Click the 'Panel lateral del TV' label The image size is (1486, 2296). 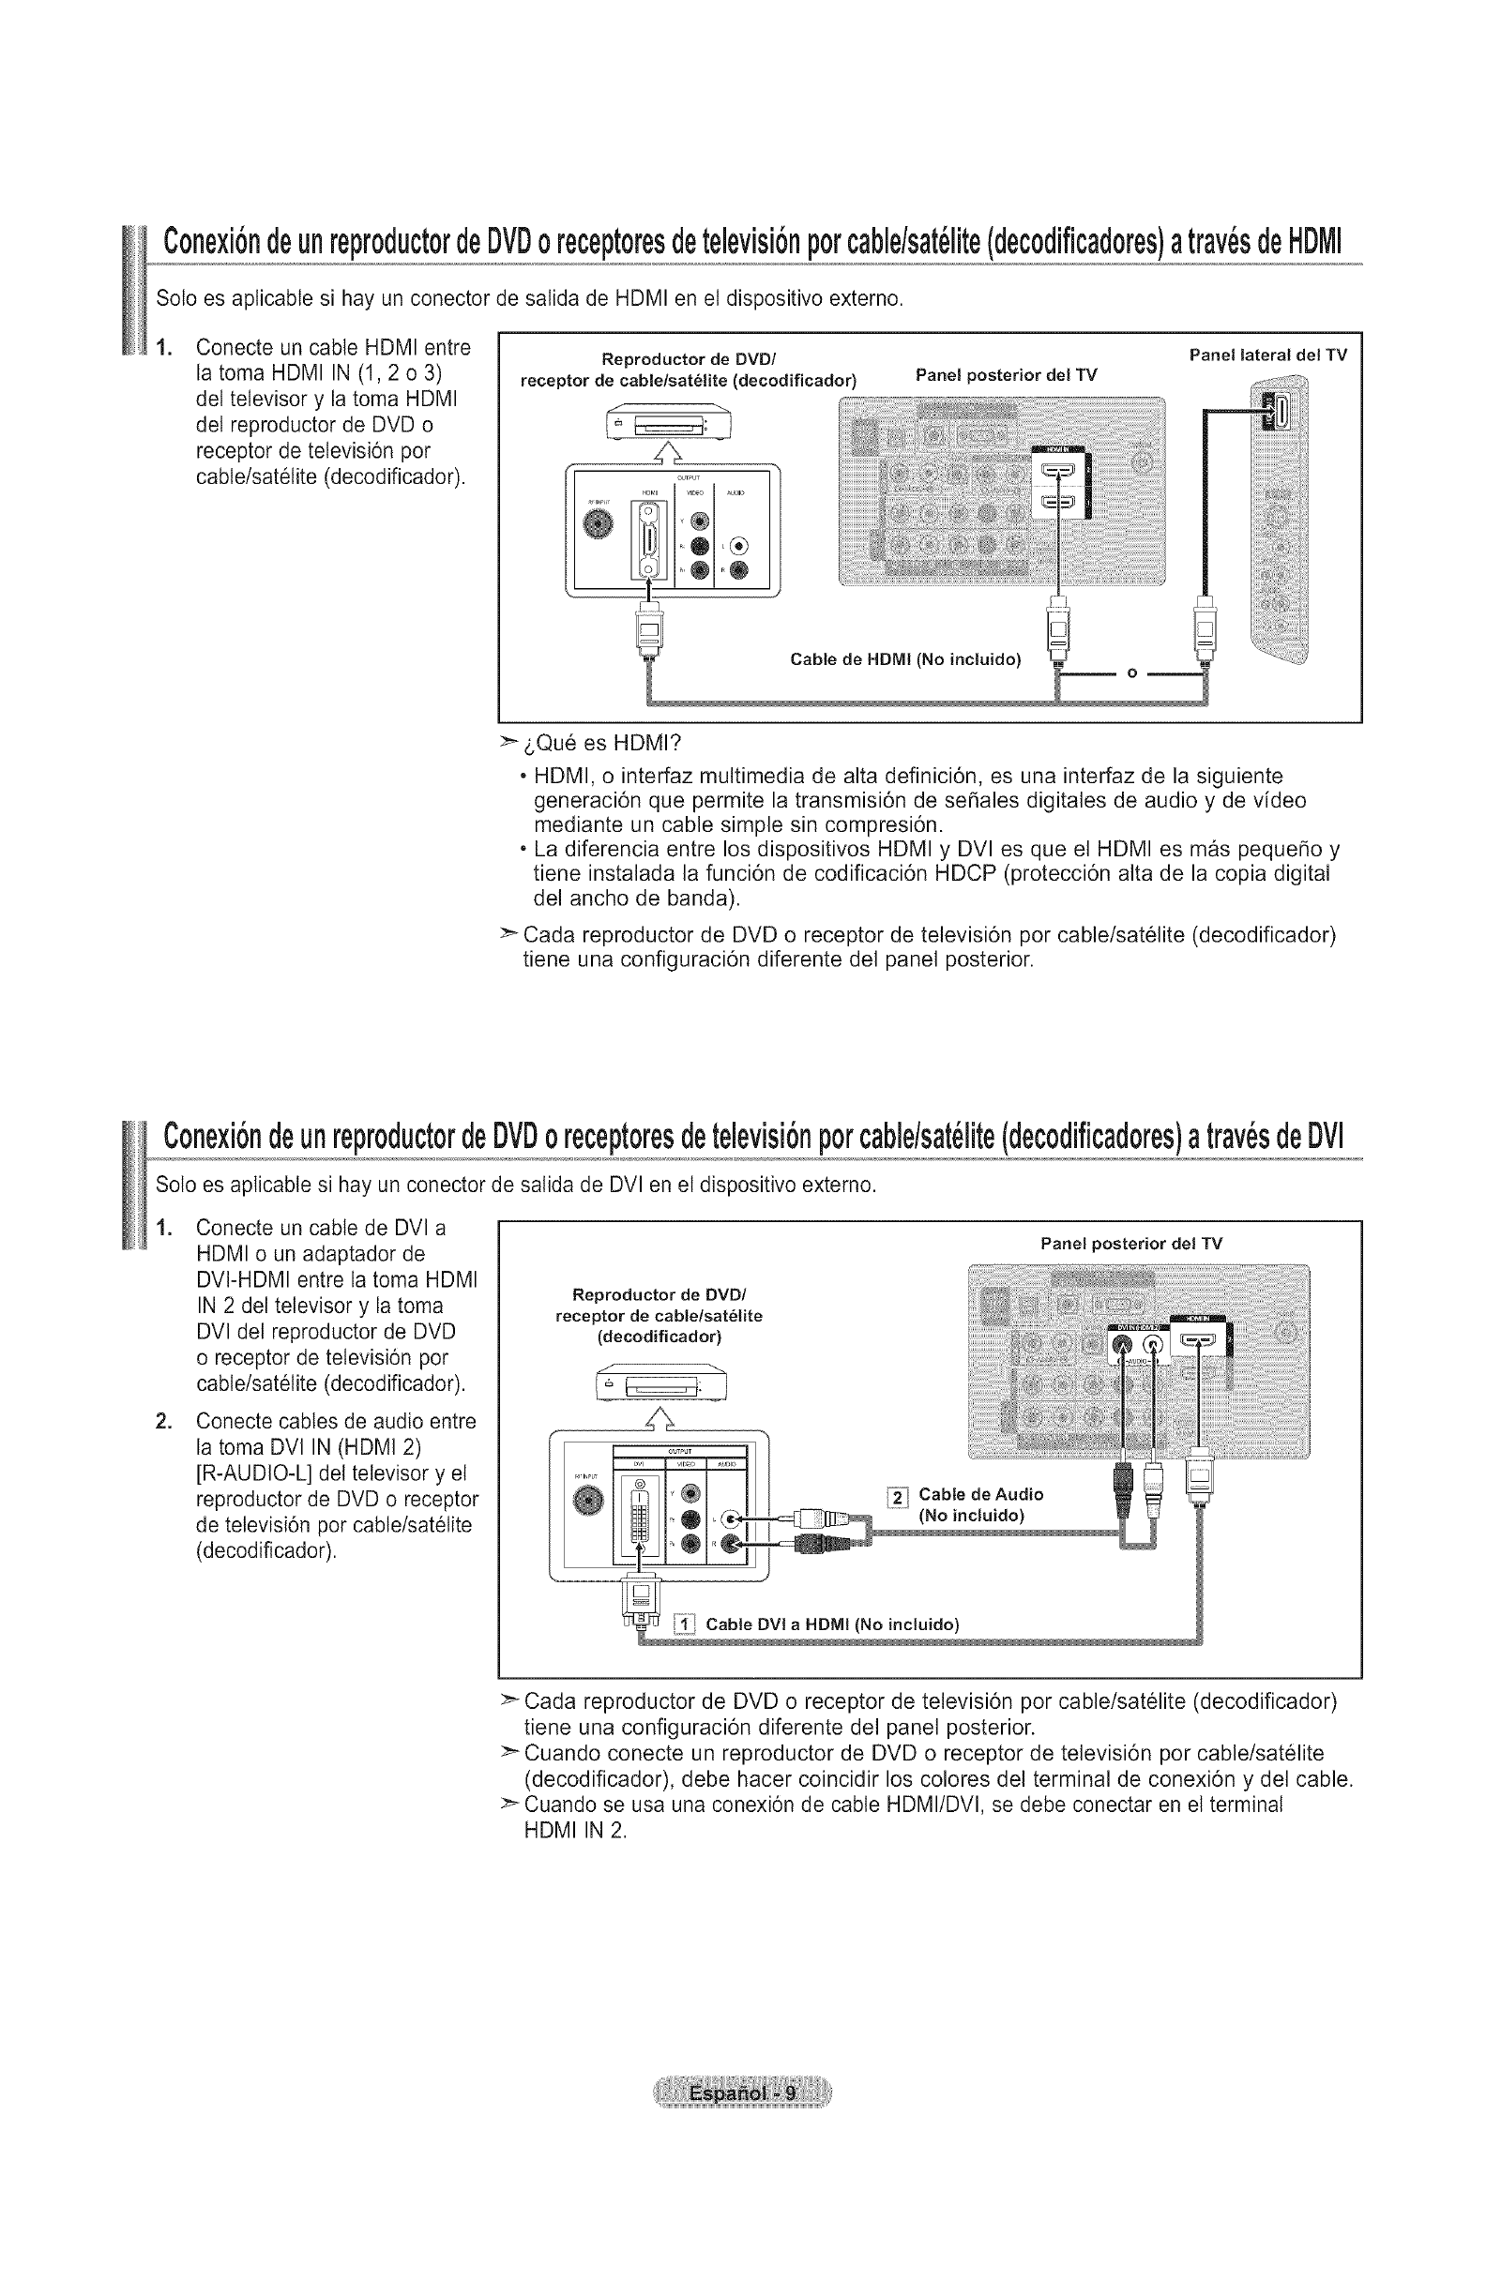click(x=1267, y=355)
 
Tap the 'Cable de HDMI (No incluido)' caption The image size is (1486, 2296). click(x=904, y=660)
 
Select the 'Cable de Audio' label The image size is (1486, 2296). click(x=980, y=1494)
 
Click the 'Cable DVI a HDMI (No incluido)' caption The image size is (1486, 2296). click(x=832, y=1624)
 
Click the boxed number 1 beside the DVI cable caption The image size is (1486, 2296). click(x=684, y=1624)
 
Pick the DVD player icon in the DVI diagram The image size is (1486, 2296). click(x=661, y=1386)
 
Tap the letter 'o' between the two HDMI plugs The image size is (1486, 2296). click(x=1130, y=672)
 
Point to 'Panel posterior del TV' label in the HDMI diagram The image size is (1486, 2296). click(x=1006, y=374)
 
